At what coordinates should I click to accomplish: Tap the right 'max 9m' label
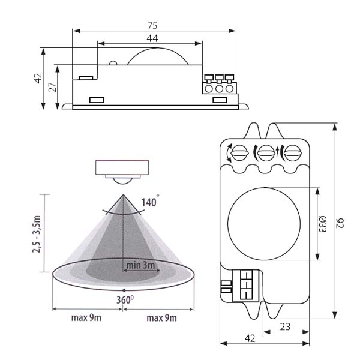162,317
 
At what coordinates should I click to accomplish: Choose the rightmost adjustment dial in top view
291,152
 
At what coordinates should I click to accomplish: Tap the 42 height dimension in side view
37,79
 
